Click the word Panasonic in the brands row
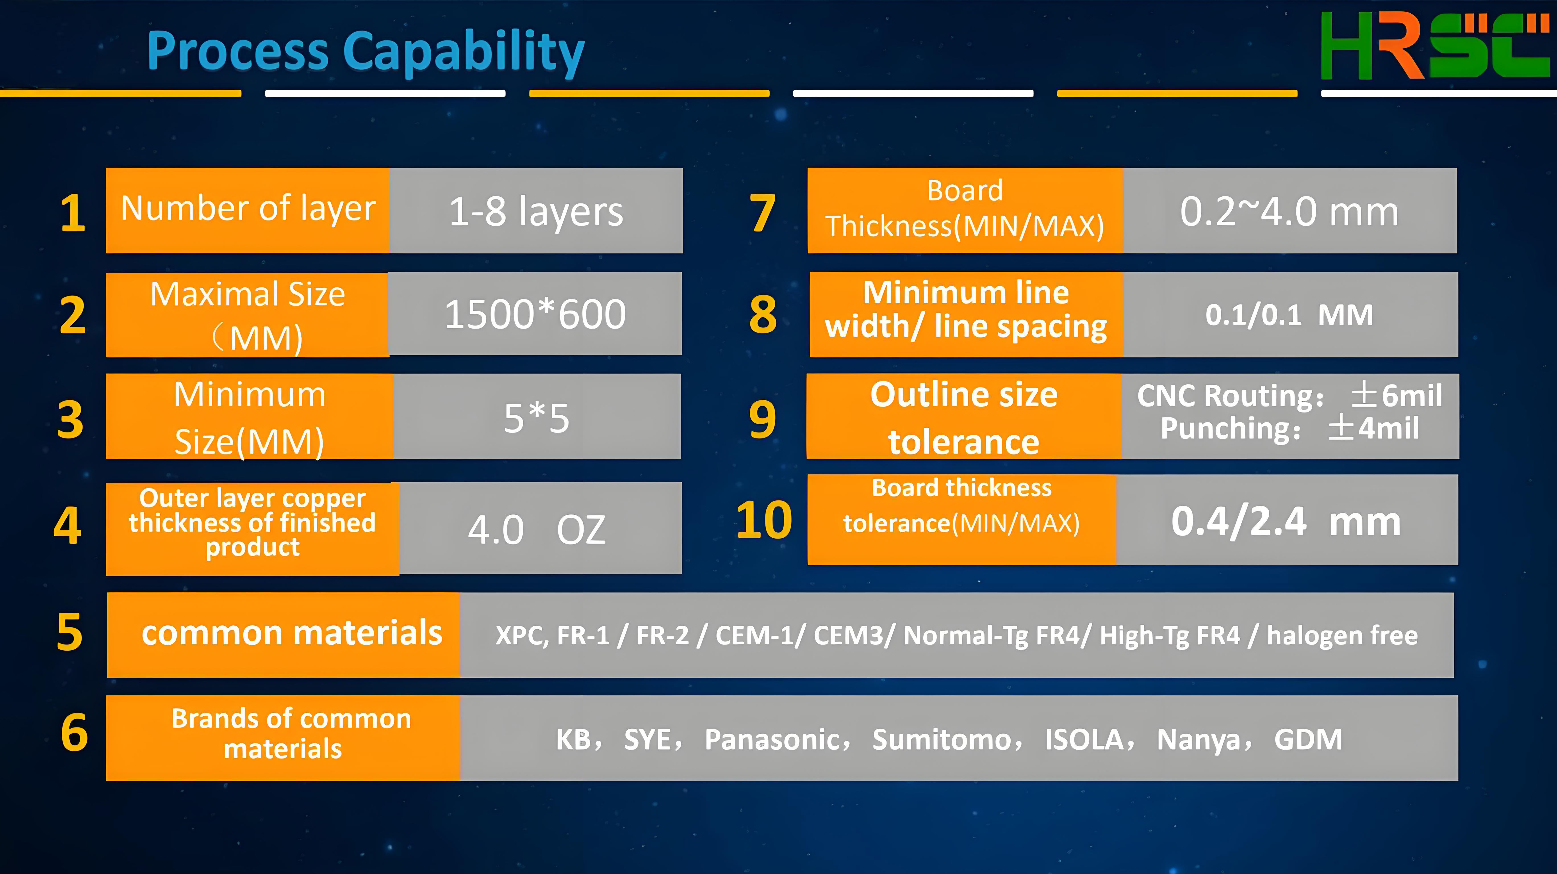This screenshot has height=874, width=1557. [x=773, y=739]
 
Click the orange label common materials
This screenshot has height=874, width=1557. [x=292, y=633]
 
